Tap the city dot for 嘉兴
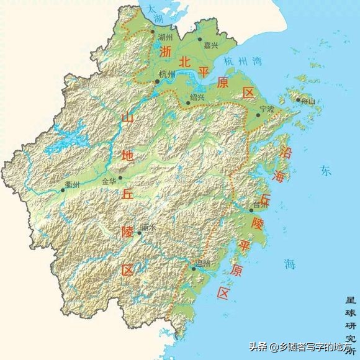point(200,38)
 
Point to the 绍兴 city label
point(197,97)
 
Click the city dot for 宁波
point(258,115)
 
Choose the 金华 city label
point(109,182)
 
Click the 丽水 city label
point(148,228)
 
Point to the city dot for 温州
point(193,268)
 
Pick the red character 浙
point(164,54)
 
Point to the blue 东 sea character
point(326,169)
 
